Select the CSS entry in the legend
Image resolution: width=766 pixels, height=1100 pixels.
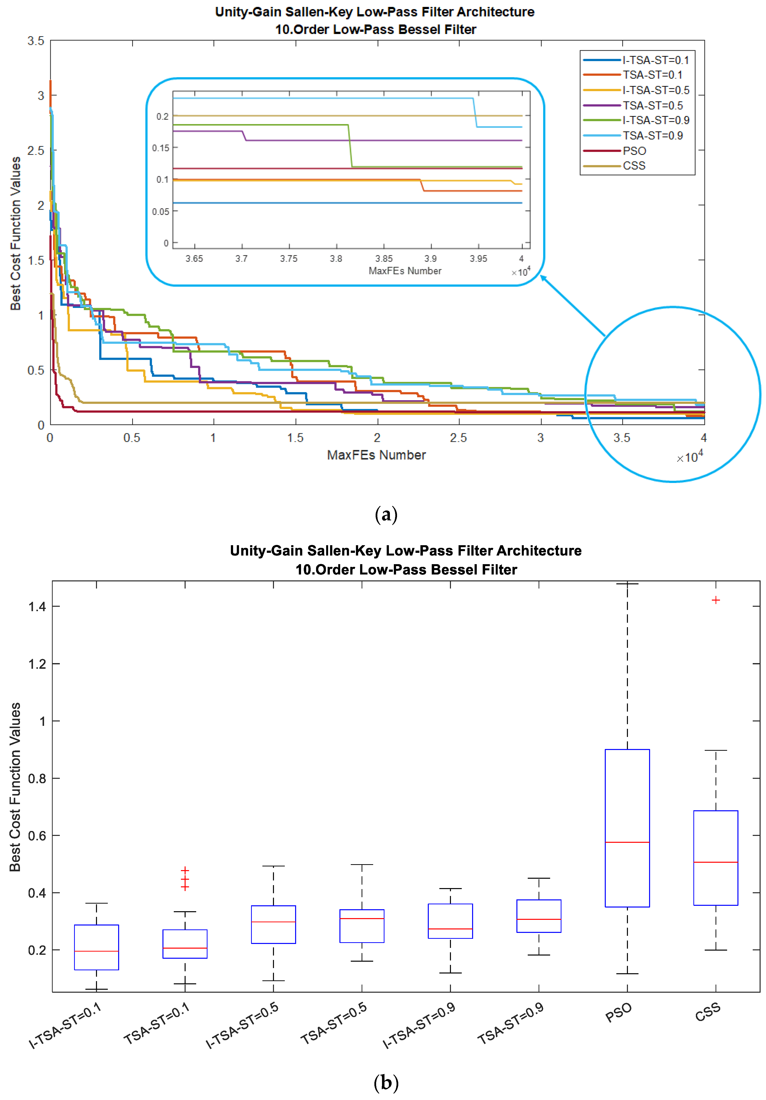pos(634,166)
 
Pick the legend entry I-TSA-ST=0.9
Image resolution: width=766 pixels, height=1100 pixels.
pos(655,120)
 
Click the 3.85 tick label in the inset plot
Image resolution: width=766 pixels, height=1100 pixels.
pos(384,259)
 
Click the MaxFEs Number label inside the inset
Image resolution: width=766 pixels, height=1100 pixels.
pos(405,271)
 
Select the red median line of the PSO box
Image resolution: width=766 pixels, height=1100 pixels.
pos(627,842)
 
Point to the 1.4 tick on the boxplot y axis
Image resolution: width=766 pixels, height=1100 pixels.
pos(37,606)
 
